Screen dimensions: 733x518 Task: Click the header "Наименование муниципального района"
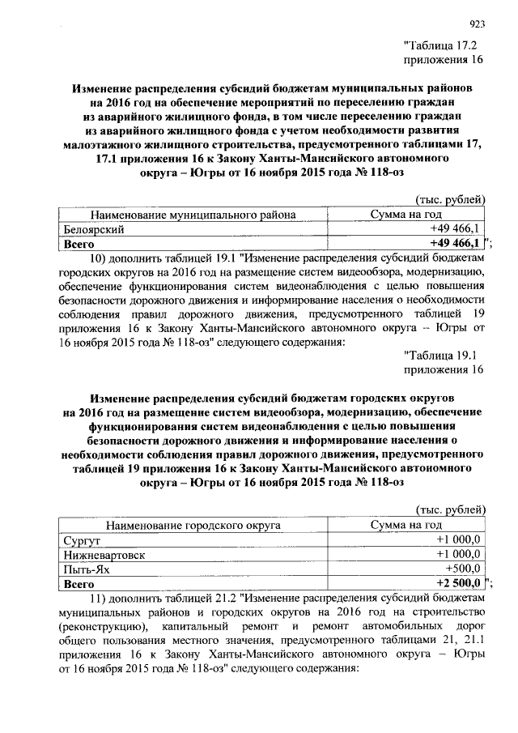[x=193, y=215]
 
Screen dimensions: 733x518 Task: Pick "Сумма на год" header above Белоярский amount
[x=405, y=215]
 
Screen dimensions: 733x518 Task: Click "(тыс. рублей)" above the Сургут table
[x=450, y=509]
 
